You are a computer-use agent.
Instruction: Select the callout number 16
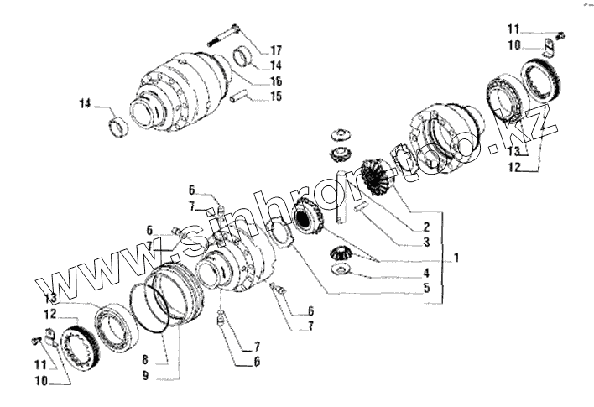(x=276, y=81)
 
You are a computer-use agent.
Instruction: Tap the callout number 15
(x=276, y=97)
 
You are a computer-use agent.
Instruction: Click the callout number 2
(x=426, y=226)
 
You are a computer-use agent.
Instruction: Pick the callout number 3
(x=426, y=242)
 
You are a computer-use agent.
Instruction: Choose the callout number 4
(x=426, y=273)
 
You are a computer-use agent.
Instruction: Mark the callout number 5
(x=426, y=289)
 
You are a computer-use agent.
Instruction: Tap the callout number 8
(x=145, y=359)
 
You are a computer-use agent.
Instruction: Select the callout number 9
(x=145, y=375)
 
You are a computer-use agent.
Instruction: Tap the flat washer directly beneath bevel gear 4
(x=340, y=270)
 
